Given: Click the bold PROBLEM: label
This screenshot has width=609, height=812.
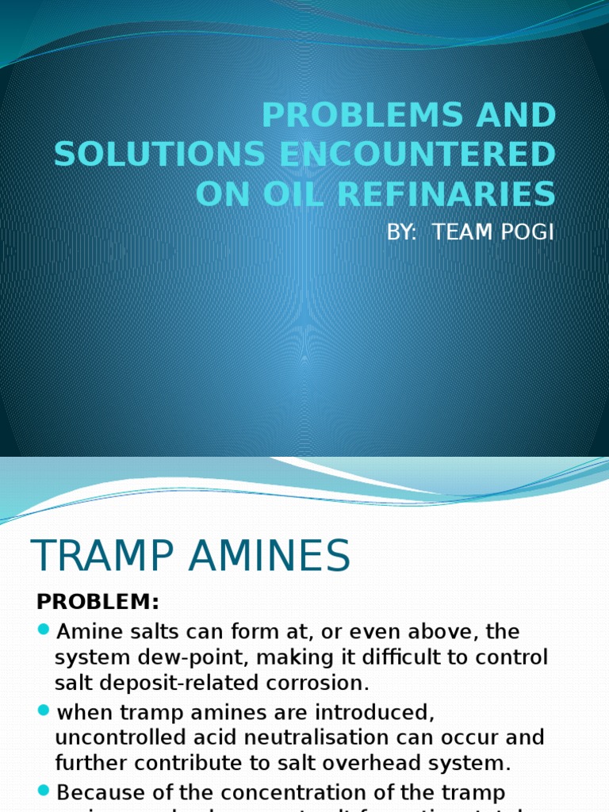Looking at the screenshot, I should [98, 603].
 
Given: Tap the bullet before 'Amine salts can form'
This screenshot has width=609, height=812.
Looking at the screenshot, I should [43, 630].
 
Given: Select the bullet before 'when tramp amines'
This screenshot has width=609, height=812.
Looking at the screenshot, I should [43, 708].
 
